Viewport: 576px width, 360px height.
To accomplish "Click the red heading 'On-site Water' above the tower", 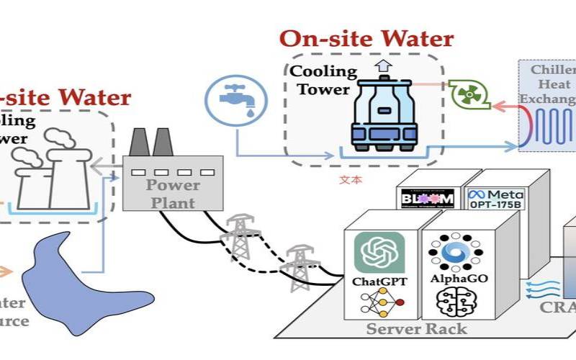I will (366, 38).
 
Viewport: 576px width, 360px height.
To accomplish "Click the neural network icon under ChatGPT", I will (379, 304).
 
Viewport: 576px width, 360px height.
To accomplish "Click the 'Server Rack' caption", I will (416, 329).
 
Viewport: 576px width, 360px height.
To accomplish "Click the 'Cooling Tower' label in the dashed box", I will (323, 80).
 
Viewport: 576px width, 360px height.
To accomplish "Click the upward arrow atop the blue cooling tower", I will (382, 66).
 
